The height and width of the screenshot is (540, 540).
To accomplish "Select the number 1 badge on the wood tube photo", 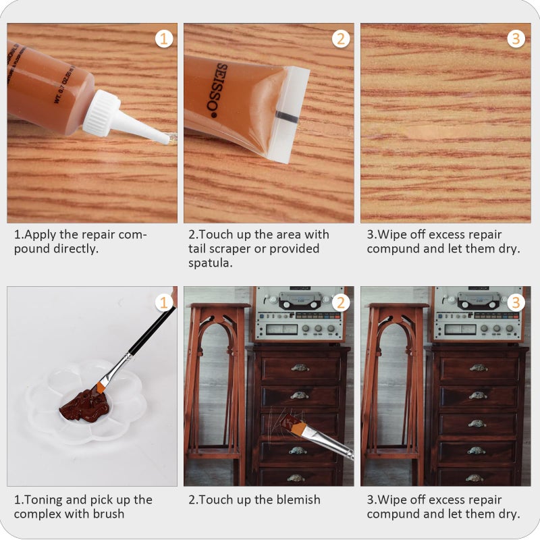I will [164, 38].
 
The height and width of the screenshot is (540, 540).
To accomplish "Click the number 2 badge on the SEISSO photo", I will [341, 38].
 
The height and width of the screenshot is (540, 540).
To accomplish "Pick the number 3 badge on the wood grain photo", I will [516, 38].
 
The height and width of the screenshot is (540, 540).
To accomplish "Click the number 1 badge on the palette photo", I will [164, 302].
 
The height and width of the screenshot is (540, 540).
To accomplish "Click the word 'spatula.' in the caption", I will [210, 263].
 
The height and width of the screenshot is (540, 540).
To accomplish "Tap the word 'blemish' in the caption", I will [297, 500].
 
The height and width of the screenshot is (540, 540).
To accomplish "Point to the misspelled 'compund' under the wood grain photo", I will [396, 248].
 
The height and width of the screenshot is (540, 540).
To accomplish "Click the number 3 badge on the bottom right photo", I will [516, 302].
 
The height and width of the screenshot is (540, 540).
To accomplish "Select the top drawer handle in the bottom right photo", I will [477, 368].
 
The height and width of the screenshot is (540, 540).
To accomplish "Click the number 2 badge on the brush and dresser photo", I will [341, 302].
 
